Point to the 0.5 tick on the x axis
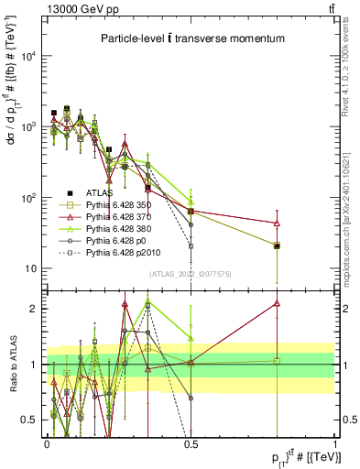click(191, 443)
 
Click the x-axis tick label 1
click(334, 443)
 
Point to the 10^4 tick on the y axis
click(30, 56)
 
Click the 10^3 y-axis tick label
click(30, 126)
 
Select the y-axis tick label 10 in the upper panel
click(33, 268)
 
